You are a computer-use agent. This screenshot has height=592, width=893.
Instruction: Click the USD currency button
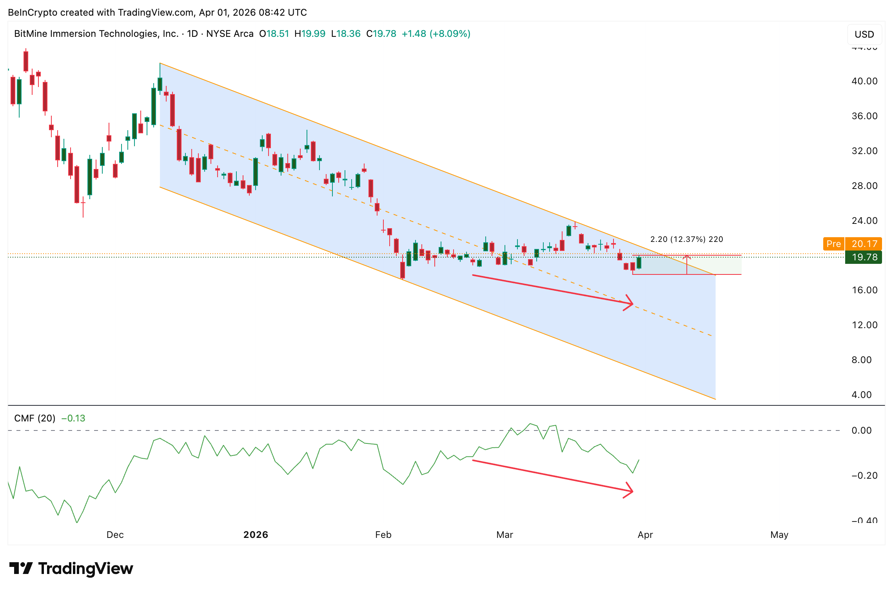[x=864, y=35]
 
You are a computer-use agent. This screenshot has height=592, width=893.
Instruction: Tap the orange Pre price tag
[x=833, y=244]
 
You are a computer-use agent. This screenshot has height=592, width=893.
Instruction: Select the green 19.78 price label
[x=864, y=257]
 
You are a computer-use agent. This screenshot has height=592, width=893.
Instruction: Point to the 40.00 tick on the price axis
[x=864, y=81]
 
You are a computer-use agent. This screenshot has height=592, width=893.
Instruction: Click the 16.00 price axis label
[x=864, y=290]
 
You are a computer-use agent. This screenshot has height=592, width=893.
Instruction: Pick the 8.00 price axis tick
[x=861, y=360]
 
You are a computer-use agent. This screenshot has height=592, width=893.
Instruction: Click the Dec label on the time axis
[x=115, y=535]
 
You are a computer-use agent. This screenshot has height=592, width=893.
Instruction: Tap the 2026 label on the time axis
[x=256, y=535]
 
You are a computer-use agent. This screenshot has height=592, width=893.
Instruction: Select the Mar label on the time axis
[x=505, y=535]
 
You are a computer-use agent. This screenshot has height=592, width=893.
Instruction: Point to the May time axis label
[x=779, y=535]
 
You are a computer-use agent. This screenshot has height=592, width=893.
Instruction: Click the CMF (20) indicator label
[x=34, y=418]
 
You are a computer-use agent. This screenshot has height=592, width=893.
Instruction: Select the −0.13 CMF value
[x=73, y=418]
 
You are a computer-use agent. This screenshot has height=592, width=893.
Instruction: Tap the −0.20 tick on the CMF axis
[x=864, y=476]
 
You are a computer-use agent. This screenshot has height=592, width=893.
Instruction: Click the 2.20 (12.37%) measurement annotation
[x=686, y=239]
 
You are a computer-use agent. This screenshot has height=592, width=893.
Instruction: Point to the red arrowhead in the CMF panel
[x=629, y=491]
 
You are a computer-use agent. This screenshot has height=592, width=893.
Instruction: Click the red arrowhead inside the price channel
[x=629, y=303]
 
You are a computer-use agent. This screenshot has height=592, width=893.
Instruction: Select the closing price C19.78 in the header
[x=381, y=34]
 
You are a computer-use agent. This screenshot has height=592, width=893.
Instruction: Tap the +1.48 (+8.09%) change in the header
[x=436, y=34]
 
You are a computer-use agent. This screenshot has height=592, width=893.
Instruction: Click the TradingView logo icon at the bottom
[x=21, y=568]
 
